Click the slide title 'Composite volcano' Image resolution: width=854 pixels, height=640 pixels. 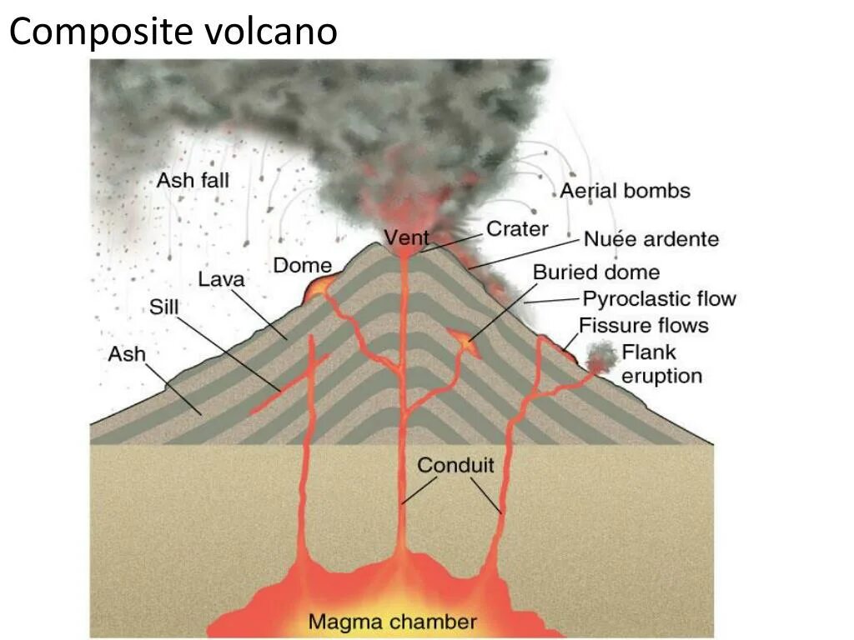pos(173,32)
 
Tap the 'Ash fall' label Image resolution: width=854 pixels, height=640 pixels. pos(193,179)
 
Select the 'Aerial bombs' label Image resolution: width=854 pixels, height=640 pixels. pos(625,191)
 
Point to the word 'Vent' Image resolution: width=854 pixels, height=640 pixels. pos(406,238)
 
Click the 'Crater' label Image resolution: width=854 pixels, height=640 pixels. pos(517,228)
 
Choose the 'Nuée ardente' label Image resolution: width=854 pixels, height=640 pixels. pos(651,239)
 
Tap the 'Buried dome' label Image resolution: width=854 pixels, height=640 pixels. pos(595,272)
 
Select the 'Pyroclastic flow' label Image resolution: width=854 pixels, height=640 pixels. pos(659,298)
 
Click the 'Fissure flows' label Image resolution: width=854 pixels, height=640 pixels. pos(644,325)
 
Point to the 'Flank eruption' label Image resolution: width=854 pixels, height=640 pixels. pos(661,364)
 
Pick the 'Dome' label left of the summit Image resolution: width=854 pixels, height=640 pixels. pos(302,266)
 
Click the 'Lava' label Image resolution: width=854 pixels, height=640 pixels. pos(221,279)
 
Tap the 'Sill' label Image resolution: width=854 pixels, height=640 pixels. pos(163,307)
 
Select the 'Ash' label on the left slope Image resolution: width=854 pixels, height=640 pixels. pos(126,354)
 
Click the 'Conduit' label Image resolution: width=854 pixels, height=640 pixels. pos(455,465)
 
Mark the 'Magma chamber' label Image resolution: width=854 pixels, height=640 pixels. pos(392,621)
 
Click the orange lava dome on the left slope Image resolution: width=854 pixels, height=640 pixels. pos(319,287)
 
